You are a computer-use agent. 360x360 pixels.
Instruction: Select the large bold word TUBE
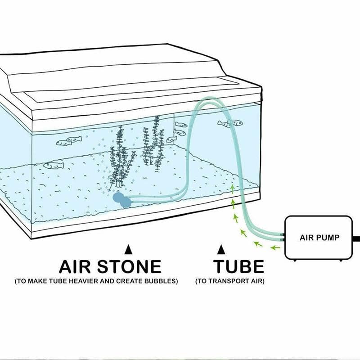(x=238, y=266)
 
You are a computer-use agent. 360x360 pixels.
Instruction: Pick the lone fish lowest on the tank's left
(x=54, y=165)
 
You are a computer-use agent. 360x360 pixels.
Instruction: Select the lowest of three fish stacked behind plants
(x=171, y=139)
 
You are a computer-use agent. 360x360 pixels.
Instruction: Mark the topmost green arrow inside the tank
(x=232, y=187)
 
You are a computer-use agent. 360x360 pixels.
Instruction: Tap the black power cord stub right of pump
(x=356, y=238)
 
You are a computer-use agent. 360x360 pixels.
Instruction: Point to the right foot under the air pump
(x=344, y=260)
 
